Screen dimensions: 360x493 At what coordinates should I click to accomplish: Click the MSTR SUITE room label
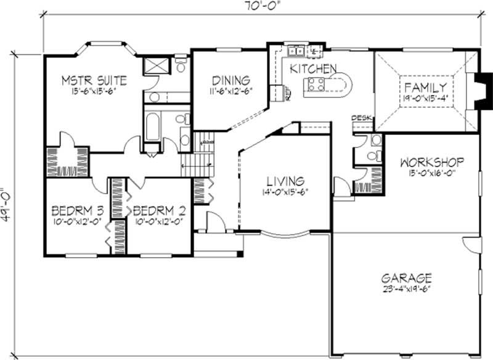tap(95, 80)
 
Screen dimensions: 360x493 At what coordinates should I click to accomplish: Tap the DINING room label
tap(231, 81)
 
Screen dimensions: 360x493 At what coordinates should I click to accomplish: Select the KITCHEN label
tap(313, 68)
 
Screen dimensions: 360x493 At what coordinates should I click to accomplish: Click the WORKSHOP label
tap(431, 163)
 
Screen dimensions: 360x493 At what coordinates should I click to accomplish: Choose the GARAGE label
tap(405, 278)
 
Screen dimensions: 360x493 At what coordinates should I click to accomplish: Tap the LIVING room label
tap(285, 181)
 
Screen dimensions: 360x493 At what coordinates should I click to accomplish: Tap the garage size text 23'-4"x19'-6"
tap(405, 288)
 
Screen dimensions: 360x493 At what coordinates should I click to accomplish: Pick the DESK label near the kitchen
tap(360, 118)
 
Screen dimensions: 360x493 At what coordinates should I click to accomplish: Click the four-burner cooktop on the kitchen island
tap(317, 84)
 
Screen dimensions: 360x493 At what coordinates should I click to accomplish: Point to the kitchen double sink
tap(296, 51)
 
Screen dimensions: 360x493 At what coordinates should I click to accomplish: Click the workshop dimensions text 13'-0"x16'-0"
tap(431, 173)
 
